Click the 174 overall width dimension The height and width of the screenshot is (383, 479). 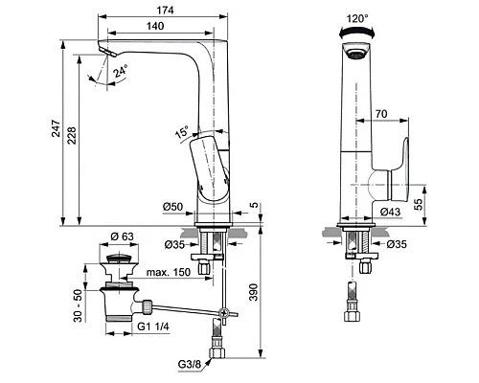tap(165, 11)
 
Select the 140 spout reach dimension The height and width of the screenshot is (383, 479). tap(155, 26)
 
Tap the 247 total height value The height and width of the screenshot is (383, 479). tap(57, 128)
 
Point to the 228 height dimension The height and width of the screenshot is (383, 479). tap(72, 135)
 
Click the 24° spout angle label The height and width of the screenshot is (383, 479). tap(121, 71)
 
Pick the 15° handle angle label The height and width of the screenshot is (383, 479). tap(182, 132)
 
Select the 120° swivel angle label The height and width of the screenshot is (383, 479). tap(357, 19)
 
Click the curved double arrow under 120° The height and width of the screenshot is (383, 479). tap(357, 31)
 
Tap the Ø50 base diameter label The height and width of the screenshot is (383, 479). tap(172, 207)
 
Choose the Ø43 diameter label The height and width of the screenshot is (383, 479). tap(390, 212)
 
